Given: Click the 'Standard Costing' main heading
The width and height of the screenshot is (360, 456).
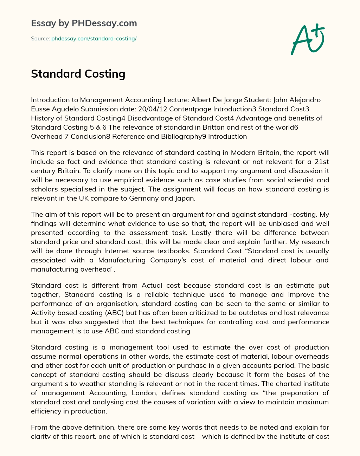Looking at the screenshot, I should [78, 74].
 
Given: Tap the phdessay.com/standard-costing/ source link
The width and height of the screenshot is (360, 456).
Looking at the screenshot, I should [94, 39].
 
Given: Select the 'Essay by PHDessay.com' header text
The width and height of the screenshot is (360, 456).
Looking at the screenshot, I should [84, 24].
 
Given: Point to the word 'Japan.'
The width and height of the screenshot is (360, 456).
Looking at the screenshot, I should [185, 198].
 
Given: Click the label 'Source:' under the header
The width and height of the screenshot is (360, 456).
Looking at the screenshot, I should [40, 39].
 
